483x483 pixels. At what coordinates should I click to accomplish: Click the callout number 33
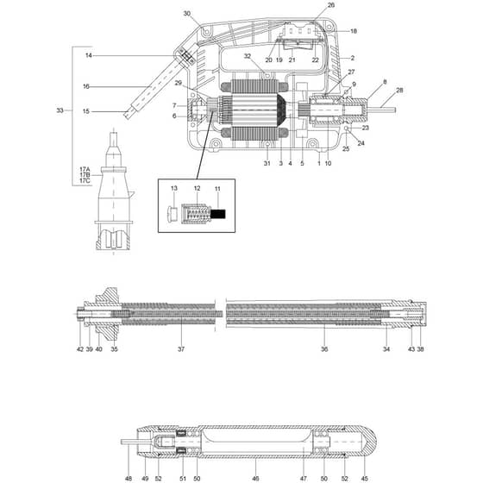(x=60, y=110)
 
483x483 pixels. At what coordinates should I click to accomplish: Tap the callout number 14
(x=89, y=55)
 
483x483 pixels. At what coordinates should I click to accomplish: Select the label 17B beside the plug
(x=85, y=175)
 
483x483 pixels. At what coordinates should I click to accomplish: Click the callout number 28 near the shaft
(x=399, y=91)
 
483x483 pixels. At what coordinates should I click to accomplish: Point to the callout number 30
(x=187, y=14)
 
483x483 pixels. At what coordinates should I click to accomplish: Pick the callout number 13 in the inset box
(x=174, y=188)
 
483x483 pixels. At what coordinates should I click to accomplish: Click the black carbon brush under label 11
(x=217, y=214)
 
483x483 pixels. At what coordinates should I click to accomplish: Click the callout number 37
(x=181, y=349)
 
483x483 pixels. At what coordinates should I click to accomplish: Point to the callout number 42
(x=80, y=349)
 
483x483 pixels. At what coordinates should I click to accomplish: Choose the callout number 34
(x=386, y=349)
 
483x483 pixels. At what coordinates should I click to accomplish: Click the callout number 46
(x=255, y=479)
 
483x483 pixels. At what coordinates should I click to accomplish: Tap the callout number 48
(x=129, y=479)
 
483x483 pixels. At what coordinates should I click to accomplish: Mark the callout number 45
(x=364, y=479)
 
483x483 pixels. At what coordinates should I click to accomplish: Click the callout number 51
(x=183, y=479)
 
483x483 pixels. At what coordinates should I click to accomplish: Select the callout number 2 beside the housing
(x=353, y=58)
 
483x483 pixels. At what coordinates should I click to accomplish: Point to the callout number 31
(x=267, y=163)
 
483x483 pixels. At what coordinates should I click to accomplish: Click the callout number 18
(x=354, y=31)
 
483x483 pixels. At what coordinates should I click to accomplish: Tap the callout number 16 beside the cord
(x=86, y=86)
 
